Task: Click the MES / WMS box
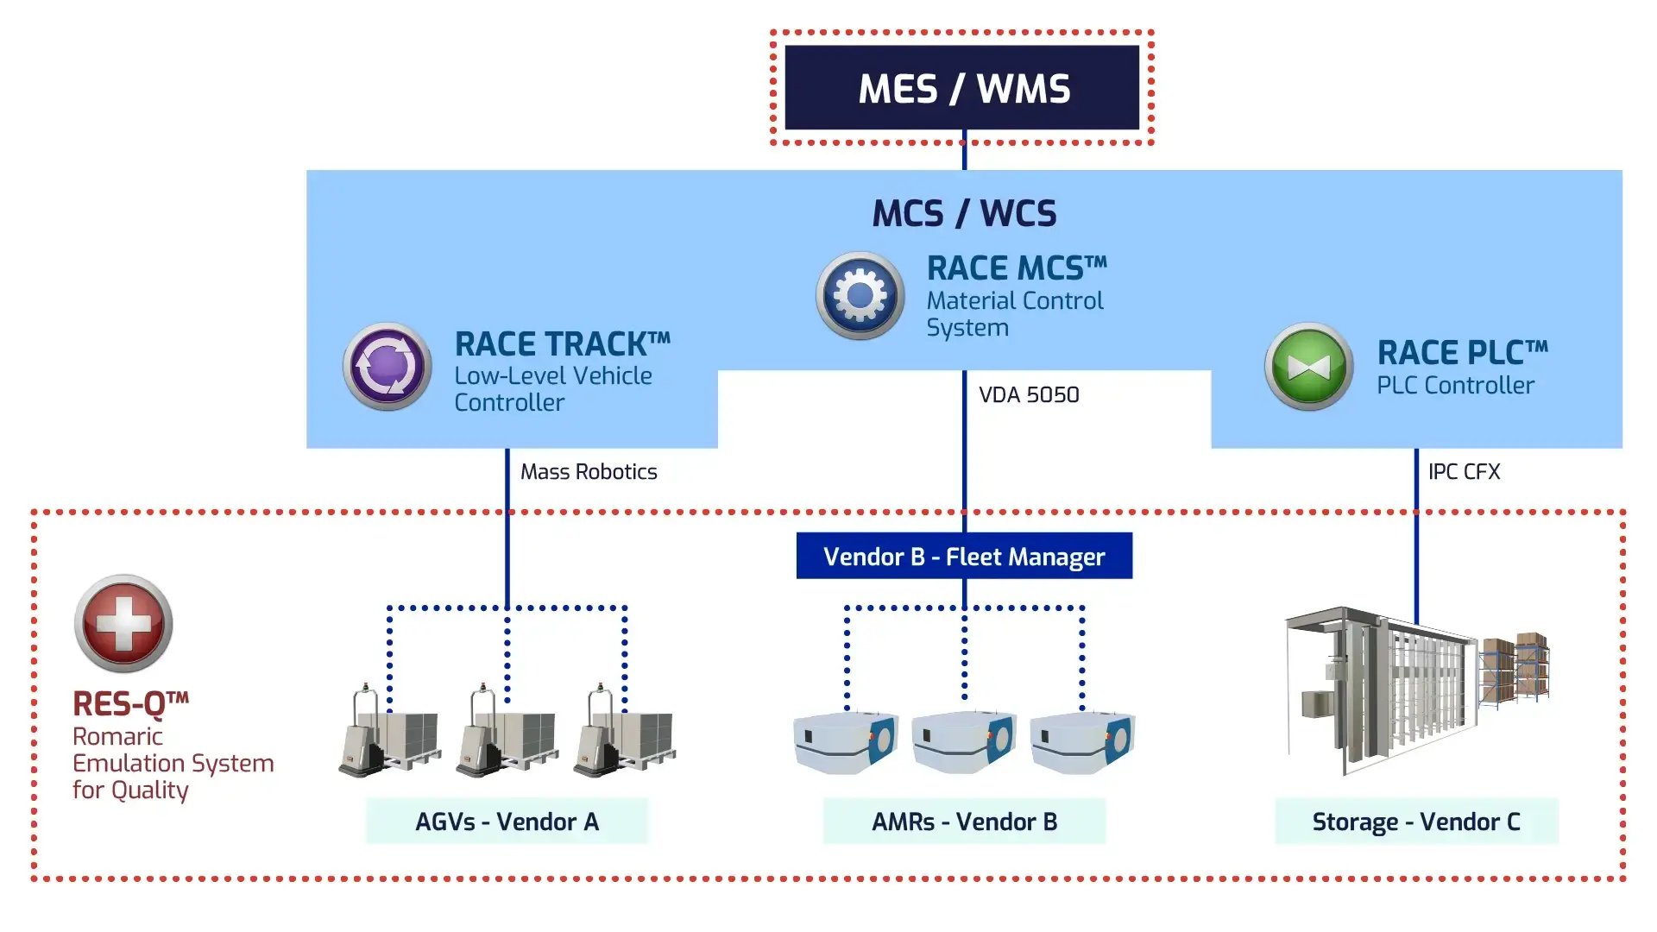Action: tap(962, 88)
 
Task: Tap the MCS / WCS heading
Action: tap(964, 213)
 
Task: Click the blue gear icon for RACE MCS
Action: tap(860, 296)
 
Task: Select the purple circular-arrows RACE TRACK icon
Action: tap(387, 367)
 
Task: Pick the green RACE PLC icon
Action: tap(1309, 367)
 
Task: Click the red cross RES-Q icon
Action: tap(123, 623)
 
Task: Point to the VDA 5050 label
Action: tap(1029, 395)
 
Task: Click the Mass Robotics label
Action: tap(589, 472)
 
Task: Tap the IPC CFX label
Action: tap(1464, 472)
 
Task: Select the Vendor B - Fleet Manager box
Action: tap(964, 557)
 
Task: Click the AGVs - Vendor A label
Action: tap(507, 822)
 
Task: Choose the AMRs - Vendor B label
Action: tap(964, 822)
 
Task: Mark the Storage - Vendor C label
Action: tap(1416, 822)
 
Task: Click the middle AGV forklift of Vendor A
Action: tap(506, 734)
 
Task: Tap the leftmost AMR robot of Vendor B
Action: tap(845, 741)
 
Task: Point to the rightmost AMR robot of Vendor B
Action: tap(1082, 741)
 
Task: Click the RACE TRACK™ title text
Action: tap(562, 344)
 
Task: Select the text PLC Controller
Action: tap(1455, 386)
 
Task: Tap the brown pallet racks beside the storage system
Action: tap(1515, 669)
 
